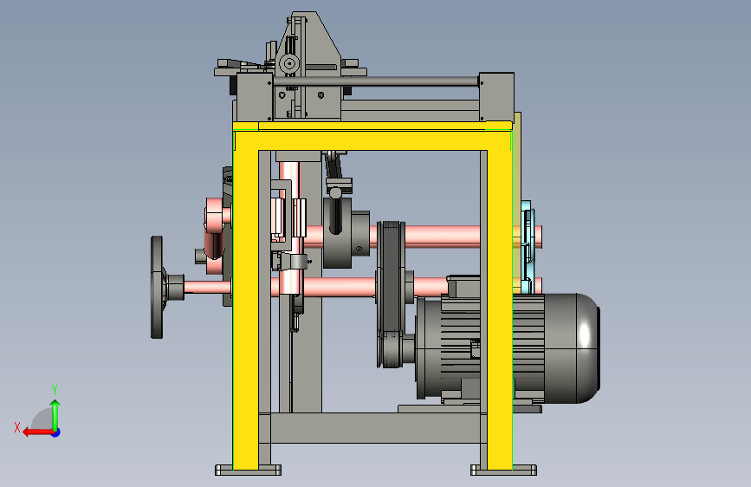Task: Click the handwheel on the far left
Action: click(157, 287)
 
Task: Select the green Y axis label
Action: click(55, 389)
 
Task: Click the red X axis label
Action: click(17, 427)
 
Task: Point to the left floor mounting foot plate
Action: click(248, 470)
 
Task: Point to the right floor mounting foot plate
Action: click(503, 470)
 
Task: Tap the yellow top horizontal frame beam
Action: click(372, 136)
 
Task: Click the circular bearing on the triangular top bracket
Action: click(288, 62)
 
